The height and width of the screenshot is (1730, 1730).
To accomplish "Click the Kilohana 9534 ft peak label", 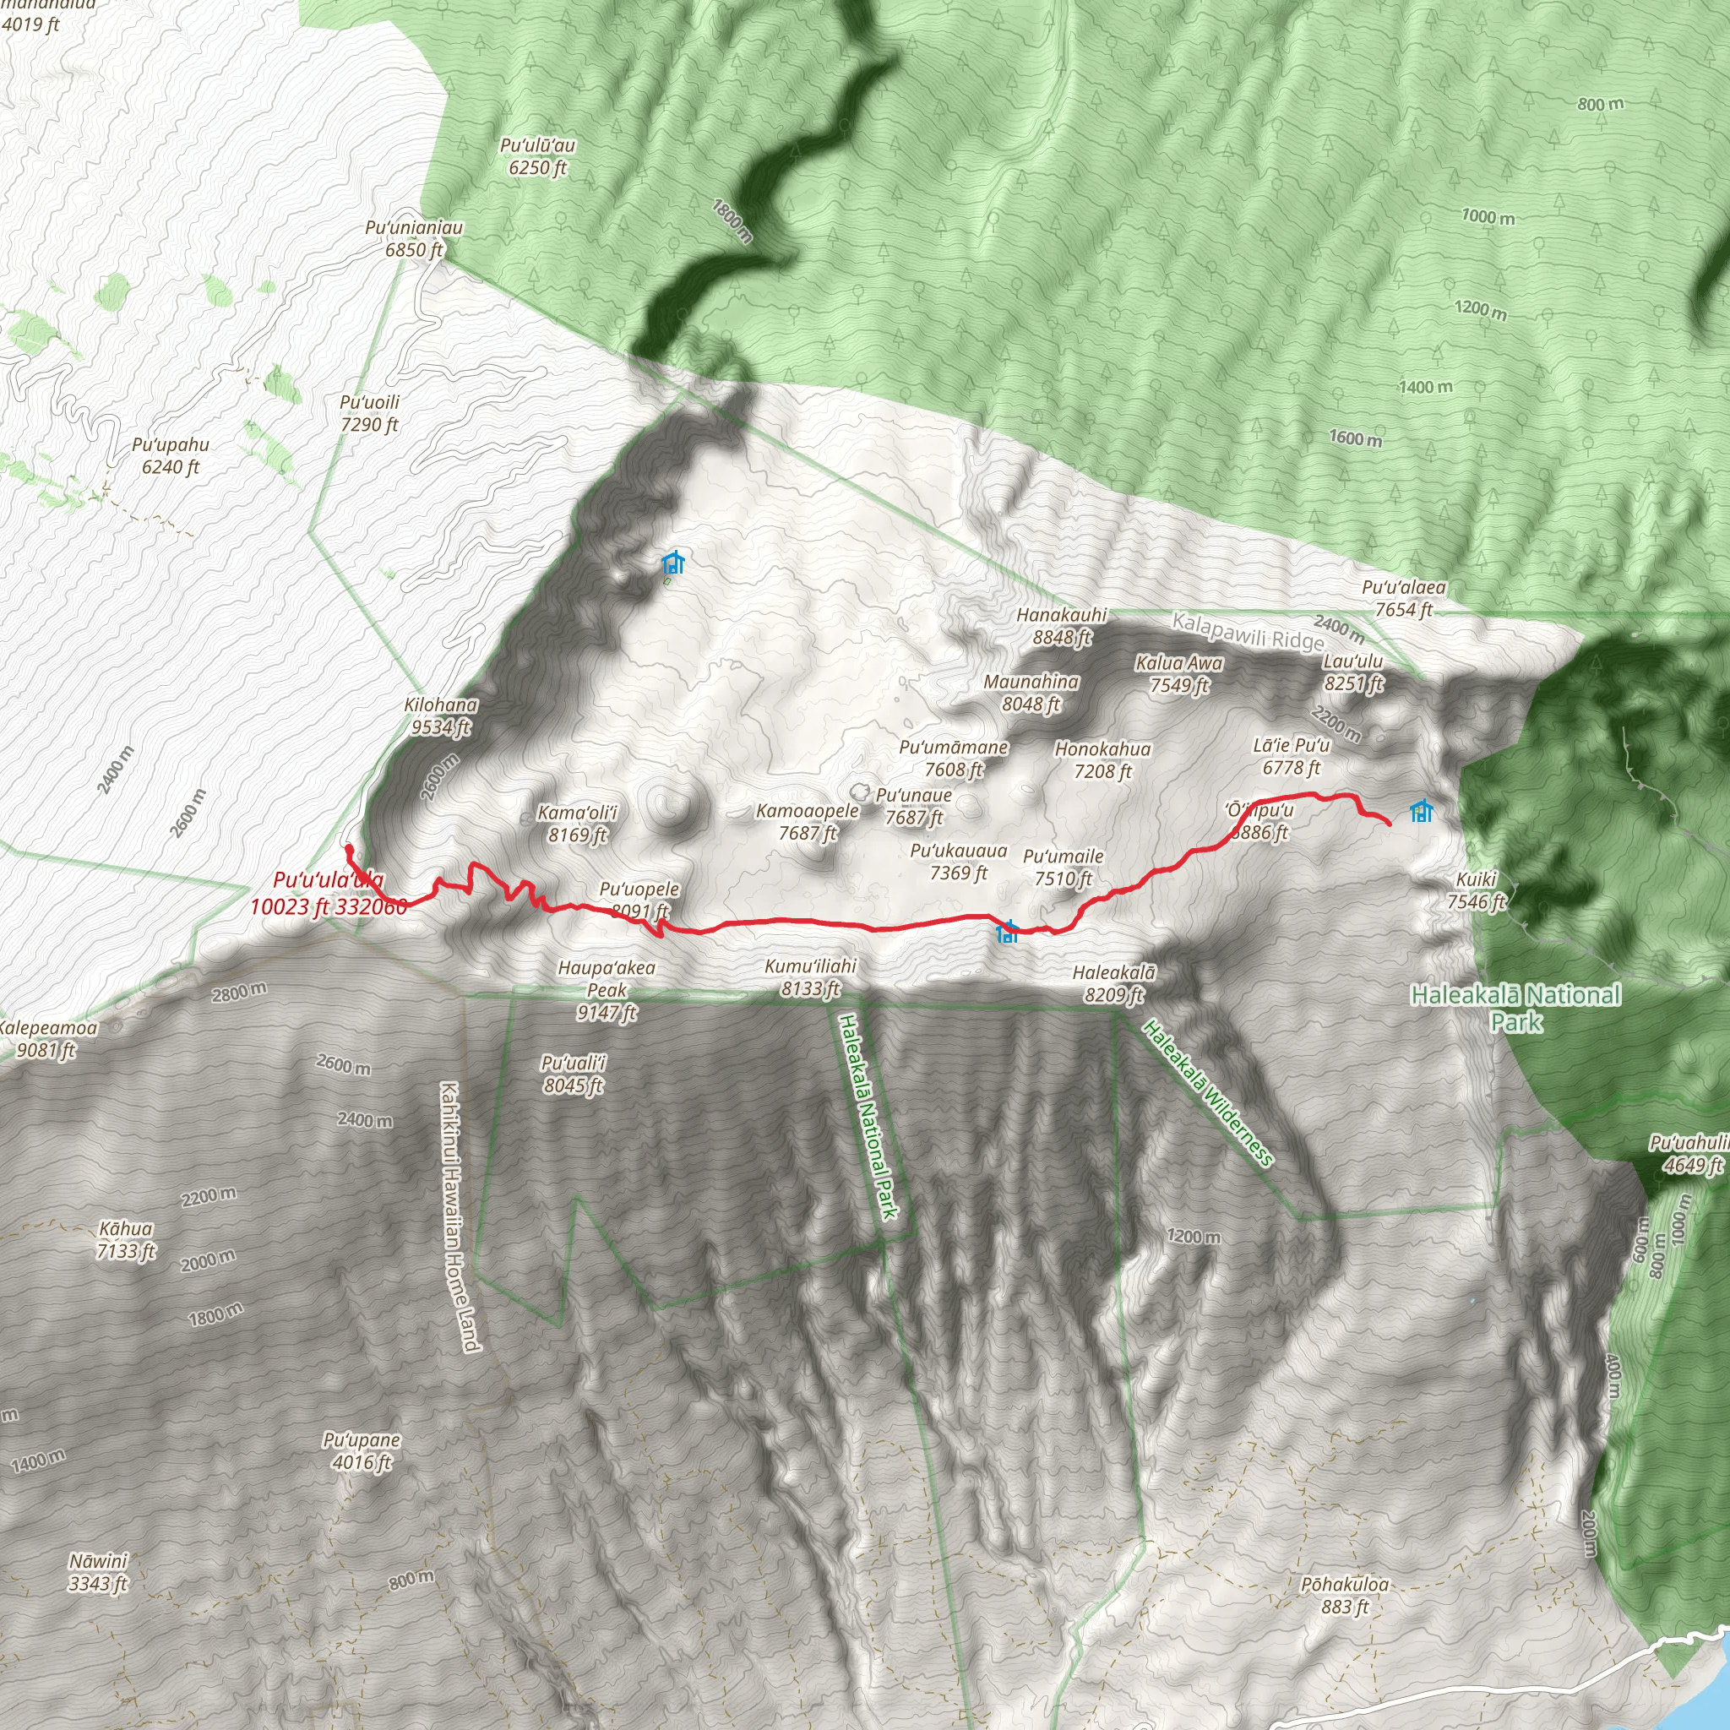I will (441, 716).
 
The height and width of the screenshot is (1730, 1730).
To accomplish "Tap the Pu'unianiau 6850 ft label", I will (414, 238).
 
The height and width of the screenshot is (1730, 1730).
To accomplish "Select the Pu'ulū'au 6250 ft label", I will (537, 155).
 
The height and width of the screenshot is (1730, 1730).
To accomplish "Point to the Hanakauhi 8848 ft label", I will (1062, 626).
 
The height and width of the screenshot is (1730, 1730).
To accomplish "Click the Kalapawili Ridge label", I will (1248, 631).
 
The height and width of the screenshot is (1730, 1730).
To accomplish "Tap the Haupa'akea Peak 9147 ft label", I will (607, 989).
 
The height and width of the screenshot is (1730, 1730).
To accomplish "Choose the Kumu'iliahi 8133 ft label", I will (810, 977).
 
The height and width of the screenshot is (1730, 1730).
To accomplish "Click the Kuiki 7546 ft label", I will (1477, 890).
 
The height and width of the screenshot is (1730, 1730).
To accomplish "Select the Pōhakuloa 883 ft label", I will (1345, 1596).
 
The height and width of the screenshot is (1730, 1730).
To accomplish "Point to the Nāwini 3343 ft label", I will (99, 1572).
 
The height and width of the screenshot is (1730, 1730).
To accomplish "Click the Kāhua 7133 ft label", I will (126, 1239).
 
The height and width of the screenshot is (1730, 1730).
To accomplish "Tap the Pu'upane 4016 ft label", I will (362, 1450).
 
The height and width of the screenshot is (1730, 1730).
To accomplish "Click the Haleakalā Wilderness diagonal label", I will (1208, 1093).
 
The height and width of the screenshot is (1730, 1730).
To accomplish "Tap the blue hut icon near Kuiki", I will (1421, 811).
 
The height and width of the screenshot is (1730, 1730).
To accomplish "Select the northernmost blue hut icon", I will (673, 563).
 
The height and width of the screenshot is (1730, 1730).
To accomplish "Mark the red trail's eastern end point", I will (1389, 823).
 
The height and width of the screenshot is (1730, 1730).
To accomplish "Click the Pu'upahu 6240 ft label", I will (170, 455).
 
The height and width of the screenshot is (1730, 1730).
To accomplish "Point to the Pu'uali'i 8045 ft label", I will (573, 1074).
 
